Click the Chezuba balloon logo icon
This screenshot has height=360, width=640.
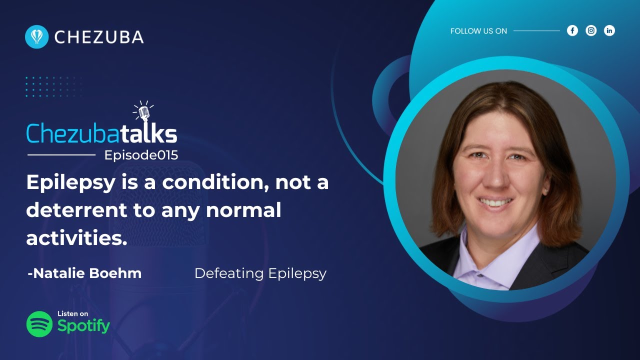[36, 37]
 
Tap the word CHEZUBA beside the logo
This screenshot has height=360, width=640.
[99, 37]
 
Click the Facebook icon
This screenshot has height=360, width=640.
[572, 30]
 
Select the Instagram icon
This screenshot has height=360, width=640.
[591, 30]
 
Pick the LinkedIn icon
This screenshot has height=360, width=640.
[609, 30]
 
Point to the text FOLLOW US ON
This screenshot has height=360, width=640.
[478, 31]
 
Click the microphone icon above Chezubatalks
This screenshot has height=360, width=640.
[144, 112]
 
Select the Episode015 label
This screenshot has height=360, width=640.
[141, 155]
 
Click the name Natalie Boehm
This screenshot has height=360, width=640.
[84, 273]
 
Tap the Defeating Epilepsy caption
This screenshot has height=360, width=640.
[260, 273]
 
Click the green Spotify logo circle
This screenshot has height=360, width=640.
[39, 324]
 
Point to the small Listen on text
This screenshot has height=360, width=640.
[72, 313]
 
